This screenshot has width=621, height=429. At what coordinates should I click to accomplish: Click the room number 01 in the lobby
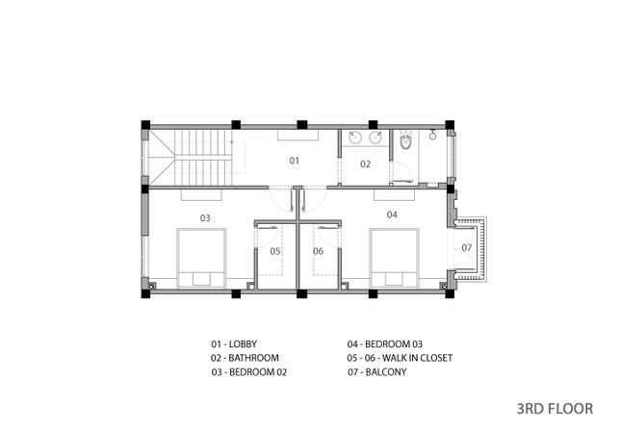294,161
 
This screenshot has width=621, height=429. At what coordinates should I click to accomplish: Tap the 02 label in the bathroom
365,164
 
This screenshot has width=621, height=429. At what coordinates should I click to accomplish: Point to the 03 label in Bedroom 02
205,218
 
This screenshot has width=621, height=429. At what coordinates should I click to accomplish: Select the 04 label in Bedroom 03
392,214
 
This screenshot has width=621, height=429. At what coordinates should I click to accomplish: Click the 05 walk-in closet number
275,251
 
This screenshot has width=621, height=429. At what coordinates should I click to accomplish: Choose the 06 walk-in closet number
318,251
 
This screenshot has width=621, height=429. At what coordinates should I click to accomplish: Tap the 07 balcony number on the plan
467,248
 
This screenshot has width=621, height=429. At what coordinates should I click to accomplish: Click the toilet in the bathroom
405,141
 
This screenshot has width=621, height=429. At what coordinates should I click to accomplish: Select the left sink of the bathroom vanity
355,138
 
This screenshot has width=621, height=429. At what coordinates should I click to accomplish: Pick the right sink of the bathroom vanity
375,138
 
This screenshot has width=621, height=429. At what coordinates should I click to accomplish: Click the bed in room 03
201,258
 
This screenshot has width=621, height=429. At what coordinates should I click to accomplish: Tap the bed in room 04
394,258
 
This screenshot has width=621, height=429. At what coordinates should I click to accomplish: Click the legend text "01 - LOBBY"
234,344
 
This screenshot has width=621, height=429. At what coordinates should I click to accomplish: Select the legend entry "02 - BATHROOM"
245,358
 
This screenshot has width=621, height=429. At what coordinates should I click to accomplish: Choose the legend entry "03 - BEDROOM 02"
249,372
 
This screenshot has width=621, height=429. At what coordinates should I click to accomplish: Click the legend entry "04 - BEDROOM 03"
385,344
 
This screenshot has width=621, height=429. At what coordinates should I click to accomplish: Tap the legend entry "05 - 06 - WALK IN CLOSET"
400,358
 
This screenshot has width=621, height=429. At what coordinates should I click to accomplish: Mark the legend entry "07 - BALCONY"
377,372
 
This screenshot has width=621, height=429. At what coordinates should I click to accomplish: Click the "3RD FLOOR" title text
555,409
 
